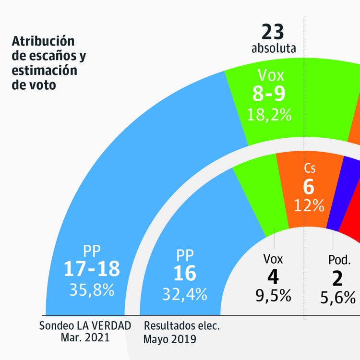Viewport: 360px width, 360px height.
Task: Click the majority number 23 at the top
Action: point(273,33)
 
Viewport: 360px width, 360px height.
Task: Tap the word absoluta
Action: point(273,48)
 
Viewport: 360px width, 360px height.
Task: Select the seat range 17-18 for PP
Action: point(92,269)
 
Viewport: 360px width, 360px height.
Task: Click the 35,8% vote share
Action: point(92,290)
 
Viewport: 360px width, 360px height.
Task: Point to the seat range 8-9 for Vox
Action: point(269,94)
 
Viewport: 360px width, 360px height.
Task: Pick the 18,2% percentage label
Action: point(269,114)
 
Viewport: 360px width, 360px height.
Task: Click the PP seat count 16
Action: point(185,273)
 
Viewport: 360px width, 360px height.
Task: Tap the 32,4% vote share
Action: point(185,293)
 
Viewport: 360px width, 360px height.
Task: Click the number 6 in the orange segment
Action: point(310,187)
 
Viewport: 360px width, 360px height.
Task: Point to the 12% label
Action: point(310,205)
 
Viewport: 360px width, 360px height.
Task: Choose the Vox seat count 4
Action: point(273,278)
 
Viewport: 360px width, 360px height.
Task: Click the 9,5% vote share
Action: point(273,296)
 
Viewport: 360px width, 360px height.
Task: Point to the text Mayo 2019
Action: point(170,339)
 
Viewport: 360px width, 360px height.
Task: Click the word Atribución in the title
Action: point(43,40)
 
